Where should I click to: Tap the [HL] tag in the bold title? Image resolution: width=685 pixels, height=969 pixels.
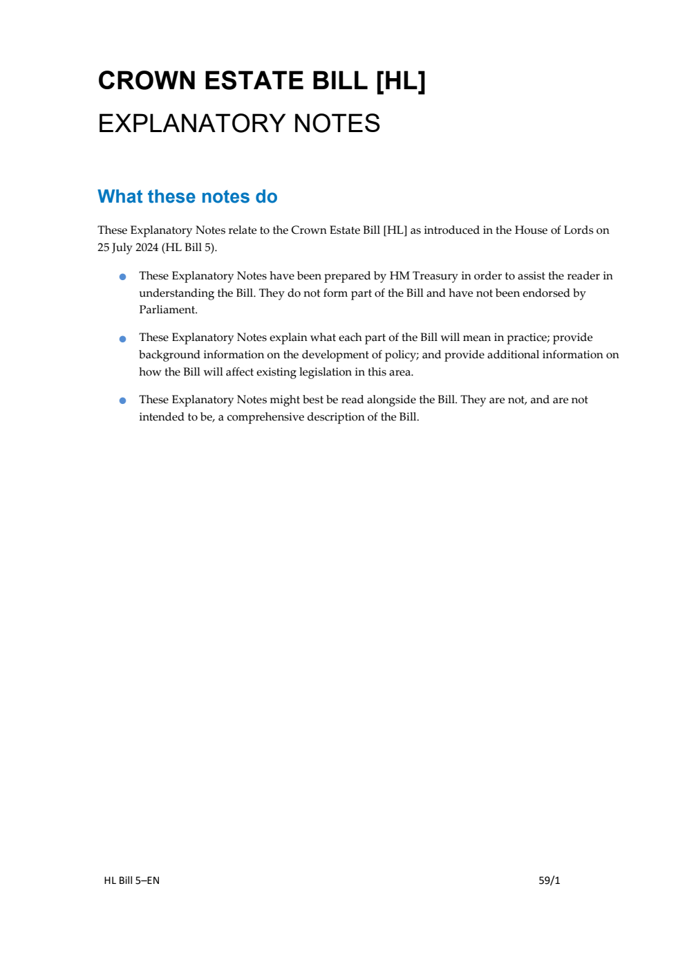400,81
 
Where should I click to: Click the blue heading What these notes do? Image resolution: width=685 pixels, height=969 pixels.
187,196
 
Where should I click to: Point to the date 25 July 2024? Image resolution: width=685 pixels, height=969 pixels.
128,248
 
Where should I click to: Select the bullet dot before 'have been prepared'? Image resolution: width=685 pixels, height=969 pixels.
123,277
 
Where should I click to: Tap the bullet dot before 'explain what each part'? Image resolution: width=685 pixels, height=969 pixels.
123,339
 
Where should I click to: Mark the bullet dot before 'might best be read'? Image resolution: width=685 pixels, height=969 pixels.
123,400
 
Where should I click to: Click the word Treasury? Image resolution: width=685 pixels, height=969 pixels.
435,276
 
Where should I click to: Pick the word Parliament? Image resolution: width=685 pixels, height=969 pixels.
168,310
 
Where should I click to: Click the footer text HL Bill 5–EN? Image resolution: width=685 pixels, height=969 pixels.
131,880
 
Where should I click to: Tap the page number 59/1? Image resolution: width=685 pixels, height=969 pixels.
549,880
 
